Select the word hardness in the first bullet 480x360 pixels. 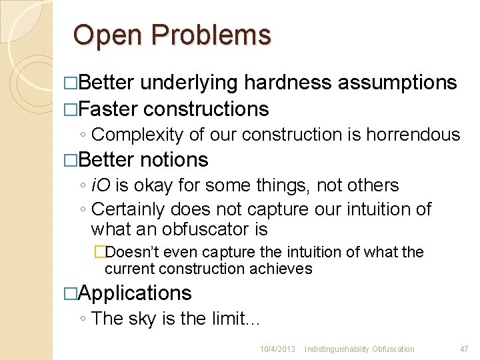[x=287, y=83]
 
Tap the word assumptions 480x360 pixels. [x=397, y=83]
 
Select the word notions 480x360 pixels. [x=175, y=160]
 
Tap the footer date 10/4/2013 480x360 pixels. [x=278, y=349]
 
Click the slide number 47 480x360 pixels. [x=464, y=349]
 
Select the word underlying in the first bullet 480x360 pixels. [x=188, y=83]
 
